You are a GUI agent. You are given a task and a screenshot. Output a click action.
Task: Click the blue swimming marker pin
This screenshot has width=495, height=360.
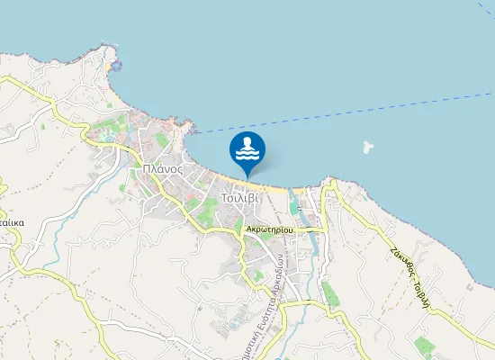[247, 149]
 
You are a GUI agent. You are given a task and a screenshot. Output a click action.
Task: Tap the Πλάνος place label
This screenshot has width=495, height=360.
[163, 169]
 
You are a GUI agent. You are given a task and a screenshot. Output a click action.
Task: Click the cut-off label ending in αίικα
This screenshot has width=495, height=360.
[11, 220]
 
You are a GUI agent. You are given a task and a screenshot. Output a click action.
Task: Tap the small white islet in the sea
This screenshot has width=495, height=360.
[366, 147]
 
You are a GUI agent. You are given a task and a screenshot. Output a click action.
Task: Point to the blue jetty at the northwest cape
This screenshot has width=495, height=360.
[114, 65]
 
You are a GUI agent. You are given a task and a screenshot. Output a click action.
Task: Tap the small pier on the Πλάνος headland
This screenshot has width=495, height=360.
[192, 128]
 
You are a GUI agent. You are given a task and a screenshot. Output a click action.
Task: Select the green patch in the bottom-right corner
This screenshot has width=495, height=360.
[423, 346]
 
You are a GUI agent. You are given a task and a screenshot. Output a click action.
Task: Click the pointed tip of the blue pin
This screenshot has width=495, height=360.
[247, 176]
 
